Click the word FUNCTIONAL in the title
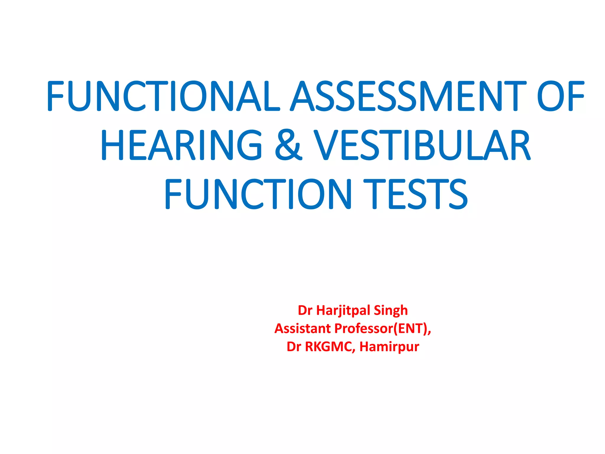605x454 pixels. [163, 96]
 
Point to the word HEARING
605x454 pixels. [181, 145]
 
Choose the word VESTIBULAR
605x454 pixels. [422, 145]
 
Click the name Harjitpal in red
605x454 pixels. [344, 311]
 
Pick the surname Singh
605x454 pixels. [391, 311]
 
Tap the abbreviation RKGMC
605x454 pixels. [329, 347]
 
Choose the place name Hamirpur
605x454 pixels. [389, 347]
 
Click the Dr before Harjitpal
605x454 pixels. [305, 311]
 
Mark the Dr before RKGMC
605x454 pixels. [294, 347]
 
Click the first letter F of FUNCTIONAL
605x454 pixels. [56, 96]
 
